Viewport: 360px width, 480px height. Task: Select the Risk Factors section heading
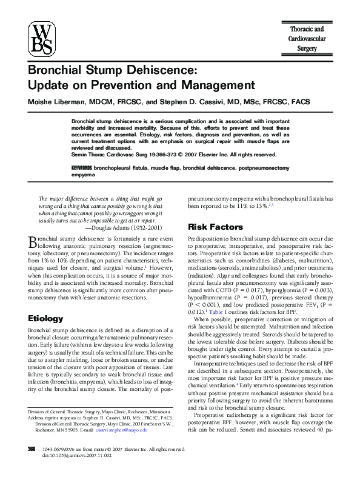point(216,227)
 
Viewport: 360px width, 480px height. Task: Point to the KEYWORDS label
point(82,166)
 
